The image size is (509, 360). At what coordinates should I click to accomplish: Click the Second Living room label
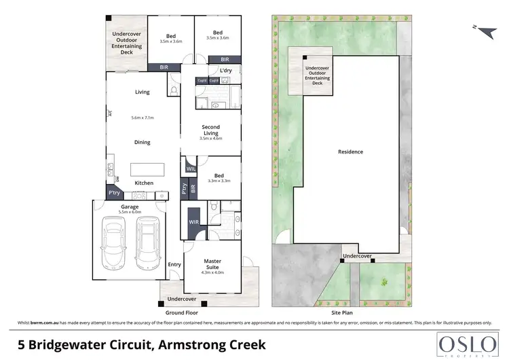[210, 130]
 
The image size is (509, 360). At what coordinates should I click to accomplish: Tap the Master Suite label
[214, 264]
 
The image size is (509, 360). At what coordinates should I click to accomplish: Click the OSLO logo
[465, 342]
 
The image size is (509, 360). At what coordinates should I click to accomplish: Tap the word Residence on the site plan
[350, 152]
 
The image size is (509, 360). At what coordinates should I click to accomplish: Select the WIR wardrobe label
[193, 222]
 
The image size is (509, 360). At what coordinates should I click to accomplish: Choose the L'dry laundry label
[226, 71]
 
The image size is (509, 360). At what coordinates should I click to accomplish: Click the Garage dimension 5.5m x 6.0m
[130, 212]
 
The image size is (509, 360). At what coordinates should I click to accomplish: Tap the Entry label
[174, 265]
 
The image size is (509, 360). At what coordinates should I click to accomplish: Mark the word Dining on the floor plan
[143, 142]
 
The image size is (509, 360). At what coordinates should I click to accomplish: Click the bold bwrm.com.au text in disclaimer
[43, 321]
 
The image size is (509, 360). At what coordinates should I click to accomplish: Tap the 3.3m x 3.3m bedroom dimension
[219, 181]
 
